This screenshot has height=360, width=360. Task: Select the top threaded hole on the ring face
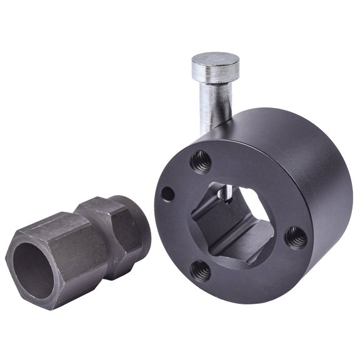[x=200, y=161]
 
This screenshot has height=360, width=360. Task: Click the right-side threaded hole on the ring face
[x=295, y=237]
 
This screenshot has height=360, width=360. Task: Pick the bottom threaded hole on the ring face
[x=201, y=270]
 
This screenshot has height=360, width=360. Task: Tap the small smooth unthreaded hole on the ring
[x=167, y=194]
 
